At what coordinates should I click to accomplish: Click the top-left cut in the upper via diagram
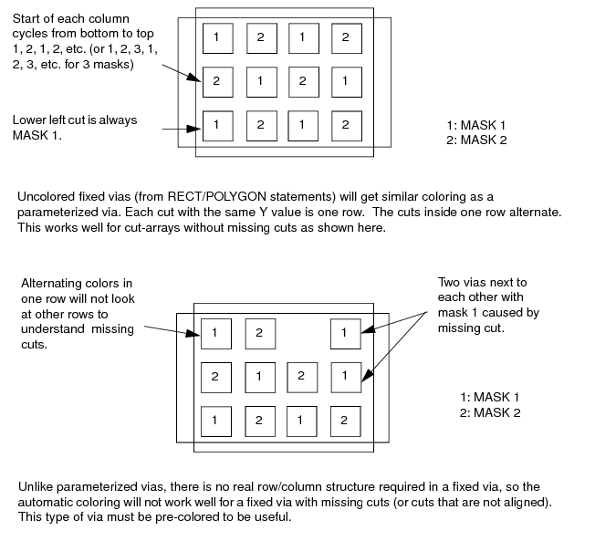(218, 38)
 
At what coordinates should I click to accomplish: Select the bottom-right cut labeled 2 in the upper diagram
(347, 126)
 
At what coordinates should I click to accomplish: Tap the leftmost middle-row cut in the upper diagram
(218, 82)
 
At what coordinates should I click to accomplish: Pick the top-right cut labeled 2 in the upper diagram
(347, 38)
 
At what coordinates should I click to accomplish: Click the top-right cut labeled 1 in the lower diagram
(346, 334)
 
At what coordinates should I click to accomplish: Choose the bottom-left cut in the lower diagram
(216, 421)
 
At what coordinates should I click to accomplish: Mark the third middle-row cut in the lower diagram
(302, 378)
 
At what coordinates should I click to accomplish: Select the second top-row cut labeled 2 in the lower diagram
(260, 334)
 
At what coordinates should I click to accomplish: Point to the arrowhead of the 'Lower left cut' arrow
(194, 129)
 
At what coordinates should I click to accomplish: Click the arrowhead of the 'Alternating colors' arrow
(193, 334)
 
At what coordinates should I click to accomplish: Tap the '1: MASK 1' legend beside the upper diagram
(475, 125)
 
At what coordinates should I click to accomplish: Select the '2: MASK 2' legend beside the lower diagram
(490, 412)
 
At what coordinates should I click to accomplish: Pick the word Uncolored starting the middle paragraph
(46, 196)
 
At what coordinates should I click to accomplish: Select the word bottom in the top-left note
(94, 34)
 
